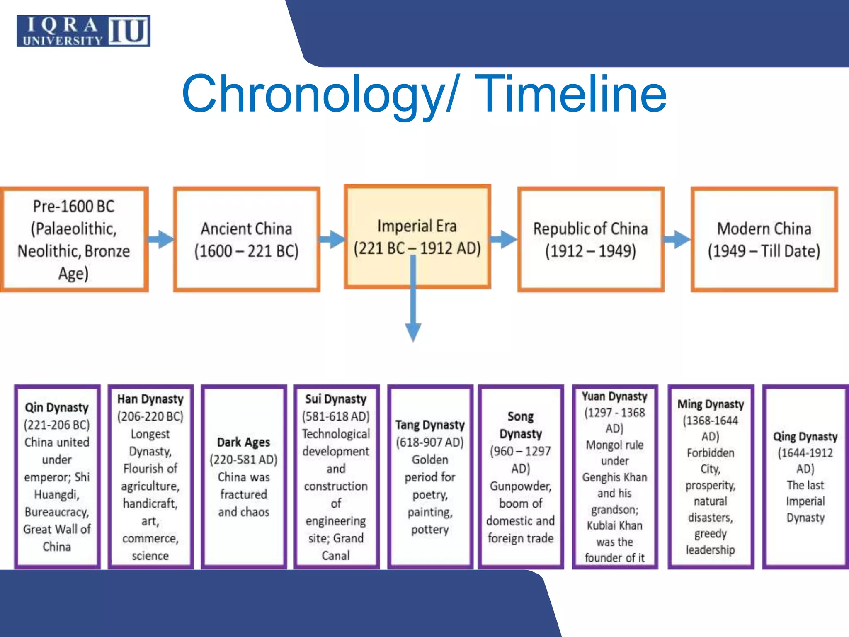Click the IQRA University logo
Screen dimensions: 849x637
tap(83, 31)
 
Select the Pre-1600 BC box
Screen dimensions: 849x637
tap(74, 239)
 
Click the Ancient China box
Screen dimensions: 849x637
tap(246, 239)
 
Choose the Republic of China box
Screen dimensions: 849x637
tap(590, 239)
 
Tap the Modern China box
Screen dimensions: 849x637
tap(764, 239)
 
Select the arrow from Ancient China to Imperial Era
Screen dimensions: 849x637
tap(332, 239)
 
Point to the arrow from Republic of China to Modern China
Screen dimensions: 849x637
tap(677, 239)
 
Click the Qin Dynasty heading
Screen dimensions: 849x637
tap(57, 407)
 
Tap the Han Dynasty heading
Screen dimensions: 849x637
tap(150, 399)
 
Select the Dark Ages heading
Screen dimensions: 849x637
tap(243, 442)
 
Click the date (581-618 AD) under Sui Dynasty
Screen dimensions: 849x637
tap(335, 416)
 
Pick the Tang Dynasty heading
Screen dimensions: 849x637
tap(430, 425)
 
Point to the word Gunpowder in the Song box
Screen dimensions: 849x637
tap(520, 486)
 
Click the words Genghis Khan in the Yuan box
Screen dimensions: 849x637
tap(614, 477)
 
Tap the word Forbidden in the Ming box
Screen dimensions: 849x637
tap(710, 453)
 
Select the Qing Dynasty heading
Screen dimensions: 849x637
tap(805, 437)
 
